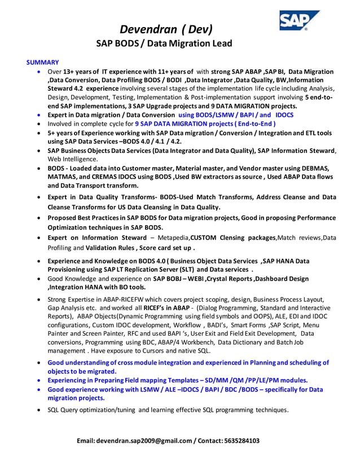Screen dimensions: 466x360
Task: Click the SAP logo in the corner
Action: [298, 21]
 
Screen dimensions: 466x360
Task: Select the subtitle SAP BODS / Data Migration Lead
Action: [164, 43]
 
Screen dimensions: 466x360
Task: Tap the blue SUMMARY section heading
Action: [43, 62]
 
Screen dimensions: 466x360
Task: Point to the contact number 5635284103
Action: [241, 441]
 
